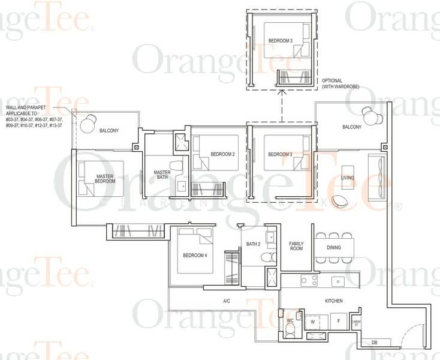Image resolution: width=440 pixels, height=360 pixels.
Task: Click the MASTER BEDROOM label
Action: (105, 179)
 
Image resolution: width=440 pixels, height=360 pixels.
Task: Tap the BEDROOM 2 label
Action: (222, 154)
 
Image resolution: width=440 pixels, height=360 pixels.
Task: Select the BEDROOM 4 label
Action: (195, 256)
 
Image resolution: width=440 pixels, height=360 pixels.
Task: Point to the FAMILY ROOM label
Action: (296, 247)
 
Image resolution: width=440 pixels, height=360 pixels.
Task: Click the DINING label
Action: (334, 247)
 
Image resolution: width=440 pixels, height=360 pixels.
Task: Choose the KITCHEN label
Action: (333, 300)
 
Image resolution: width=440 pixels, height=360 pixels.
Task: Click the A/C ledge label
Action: (227, 301)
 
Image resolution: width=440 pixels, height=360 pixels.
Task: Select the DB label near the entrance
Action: (374, 343)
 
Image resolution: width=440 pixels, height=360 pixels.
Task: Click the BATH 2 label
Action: (252, 244)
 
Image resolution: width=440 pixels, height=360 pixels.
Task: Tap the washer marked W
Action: (312, 322)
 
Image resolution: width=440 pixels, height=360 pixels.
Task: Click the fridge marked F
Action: (339, 322)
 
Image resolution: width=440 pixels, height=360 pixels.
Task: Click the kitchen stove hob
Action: (309, 280)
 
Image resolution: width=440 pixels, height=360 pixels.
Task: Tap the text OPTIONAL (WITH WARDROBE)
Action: (340, 83)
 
